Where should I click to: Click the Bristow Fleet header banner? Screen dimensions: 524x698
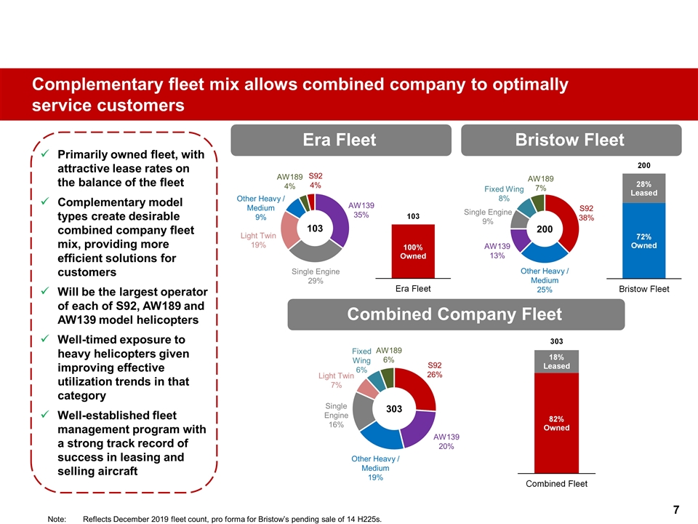click(x=571, y=140)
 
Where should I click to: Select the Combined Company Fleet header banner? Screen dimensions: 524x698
click(x=456, y=314)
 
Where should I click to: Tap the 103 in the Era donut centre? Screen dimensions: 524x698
click(x=315, y=229)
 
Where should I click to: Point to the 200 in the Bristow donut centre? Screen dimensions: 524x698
click(x=545, y=229)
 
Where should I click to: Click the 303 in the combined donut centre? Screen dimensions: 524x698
click(x=394, y=410)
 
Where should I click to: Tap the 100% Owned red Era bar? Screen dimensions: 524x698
click(x=413, y=251)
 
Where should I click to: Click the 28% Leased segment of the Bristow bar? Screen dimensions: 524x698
click(x=643, y=188)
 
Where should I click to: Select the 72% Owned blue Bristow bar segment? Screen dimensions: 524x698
click(x=643, y=240)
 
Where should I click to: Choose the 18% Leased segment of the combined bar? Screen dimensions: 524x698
click(x=556, y=362)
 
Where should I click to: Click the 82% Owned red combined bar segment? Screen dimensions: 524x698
click(x=556, y=423)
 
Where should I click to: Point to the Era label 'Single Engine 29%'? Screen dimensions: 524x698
click(x=316, y=277)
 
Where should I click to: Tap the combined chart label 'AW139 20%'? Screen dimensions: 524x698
click(x=446, y=442)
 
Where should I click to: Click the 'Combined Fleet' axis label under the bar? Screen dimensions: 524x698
click(x=556, y=483)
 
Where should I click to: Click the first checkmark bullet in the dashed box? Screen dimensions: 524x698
click(x=45, y=154)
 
